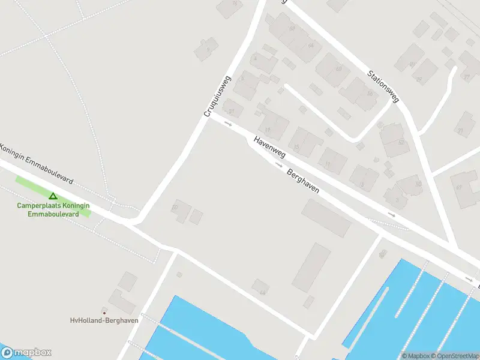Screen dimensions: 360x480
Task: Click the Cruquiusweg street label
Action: click(x=218, y=96)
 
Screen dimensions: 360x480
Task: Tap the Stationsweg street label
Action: click(x=383, y=85)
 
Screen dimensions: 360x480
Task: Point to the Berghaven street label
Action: click(x=303, y=180)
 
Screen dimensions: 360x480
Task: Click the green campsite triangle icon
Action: click(x=53, y=196)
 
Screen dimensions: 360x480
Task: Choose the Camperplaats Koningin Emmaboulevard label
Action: click(x=53, y=209)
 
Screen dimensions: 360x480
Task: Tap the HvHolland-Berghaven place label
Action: click(x=104, y=320)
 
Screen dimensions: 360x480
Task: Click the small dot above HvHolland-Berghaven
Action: click(x=104, y=313)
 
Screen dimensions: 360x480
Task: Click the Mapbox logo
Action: click(x=26, y=352)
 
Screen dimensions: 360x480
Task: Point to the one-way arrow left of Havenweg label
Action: click(x=228, y=124)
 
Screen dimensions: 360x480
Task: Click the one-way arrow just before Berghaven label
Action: click(x=279, y=164)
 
